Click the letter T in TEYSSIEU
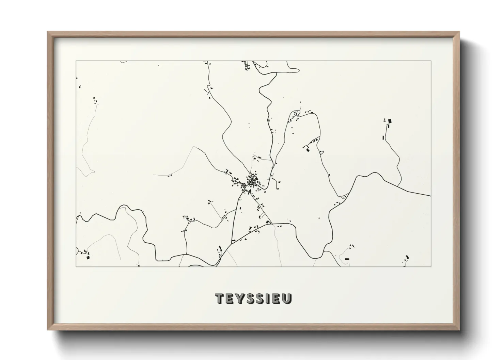tap(220, 298)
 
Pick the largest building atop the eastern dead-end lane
tap(390, 120)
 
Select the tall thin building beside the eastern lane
tap(383, 137)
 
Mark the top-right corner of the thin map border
tap(431, 61)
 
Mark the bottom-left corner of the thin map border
tap(76, 266)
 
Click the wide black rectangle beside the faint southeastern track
tap(347, 259)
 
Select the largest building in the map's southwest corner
tap(88, 258)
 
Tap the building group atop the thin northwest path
tap(95, 100)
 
